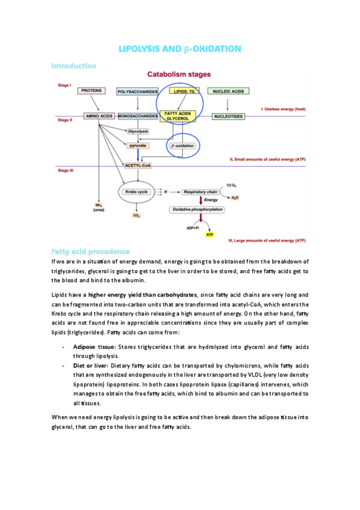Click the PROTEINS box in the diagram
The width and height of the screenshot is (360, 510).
click(x=93, y=90)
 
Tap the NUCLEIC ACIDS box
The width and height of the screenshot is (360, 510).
click(x=228, y=91)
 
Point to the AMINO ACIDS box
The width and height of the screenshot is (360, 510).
click(x=99, y=115)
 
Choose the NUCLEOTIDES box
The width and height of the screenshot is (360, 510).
click(x=228, y=115)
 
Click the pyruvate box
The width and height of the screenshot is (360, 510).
click(x=138, y=146)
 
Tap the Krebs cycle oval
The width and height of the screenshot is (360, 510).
click(x=136, y=191)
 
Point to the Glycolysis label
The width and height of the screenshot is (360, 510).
click(x=138, y=131)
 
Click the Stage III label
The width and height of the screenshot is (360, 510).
click(x=65, y=171)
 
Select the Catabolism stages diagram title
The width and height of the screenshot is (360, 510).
click(x=179, y=75)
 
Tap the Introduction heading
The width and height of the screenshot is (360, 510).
click(x=73, y=65)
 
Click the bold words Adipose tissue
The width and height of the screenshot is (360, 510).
click(x=94, y=347)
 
